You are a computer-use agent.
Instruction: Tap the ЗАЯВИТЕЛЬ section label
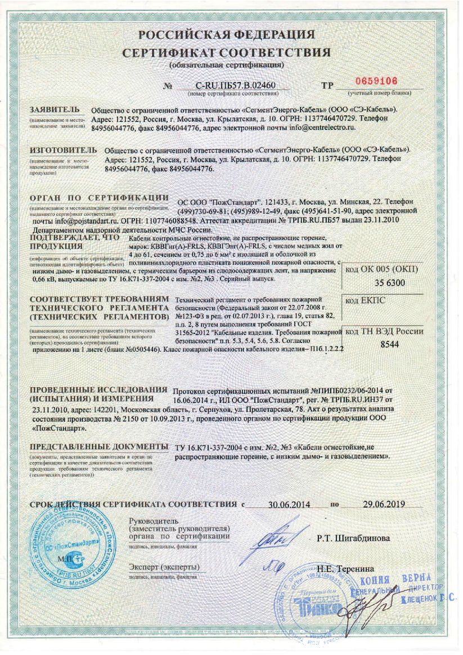point(54,109)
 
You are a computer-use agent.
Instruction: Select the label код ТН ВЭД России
point(384,332)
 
